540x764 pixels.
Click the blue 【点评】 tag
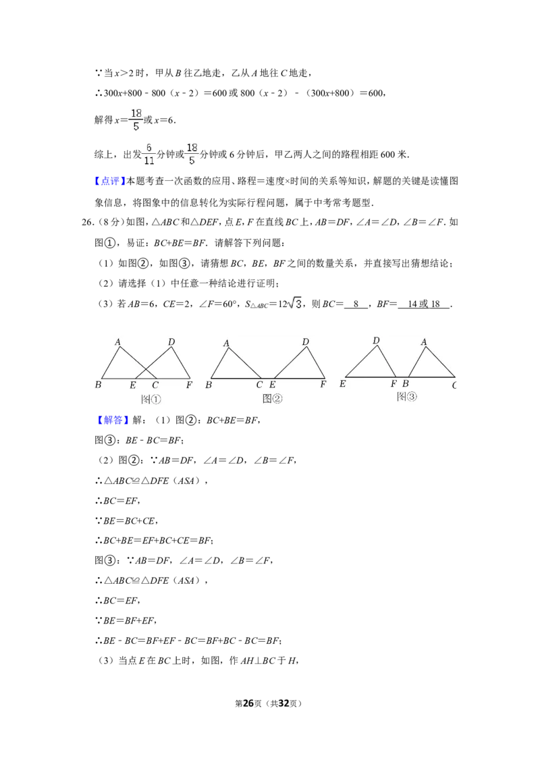(x=110, y=182)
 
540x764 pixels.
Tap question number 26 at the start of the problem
(x=88, y=222)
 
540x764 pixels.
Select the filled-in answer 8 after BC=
(x=356, y=304)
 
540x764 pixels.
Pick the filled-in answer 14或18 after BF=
(x=423, y=304)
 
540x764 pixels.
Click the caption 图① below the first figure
(x=151, y=399)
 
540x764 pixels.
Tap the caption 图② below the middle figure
(x=273, y=399)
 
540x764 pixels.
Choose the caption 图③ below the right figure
(x=407, y=397)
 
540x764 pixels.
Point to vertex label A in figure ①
(x=117, y=342)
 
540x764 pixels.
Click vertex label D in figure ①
(x=171, y=342)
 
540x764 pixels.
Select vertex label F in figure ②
(x=323, y=384)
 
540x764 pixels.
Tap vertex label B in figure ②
(x=209, y=385)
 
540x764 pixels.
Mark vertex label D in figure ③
(x=376, y=341)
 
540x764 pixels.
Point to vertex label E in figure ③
(x=342, y=384)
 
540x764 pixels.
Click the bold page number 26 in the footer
(x=248, y=703)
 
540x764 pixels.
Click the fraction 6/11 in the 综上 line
(x=149, y=154)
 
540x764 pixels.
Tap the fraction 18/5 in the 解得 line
(x=136, y=119)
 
